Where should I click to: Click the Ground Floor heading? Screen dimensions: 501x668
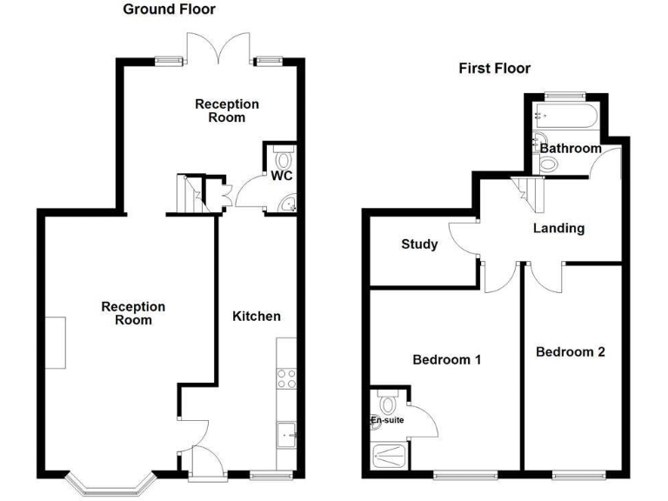tap(169, 10)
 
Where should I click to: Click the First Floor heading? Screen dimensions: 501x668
tap(494, 69)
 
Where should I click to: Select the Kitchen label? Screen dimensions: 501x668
tap(256, 316)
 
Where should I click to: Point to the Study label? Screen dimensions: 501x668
tap(419, 244)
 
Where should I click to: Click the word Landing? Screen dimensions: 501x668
tap(558, 229)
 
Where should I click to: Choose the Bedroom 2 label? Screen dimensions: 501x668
tap(570, 352)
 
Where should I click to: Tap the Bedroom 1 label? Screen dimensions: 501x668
tap(447, 359)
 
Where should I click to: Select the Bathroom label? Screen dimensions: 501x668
tap(570, 149)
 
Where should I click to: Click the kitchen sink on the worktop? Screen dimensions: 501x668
tap(286, 432)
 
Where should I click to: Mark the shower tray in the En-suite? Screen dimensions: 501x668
tap(389, 454)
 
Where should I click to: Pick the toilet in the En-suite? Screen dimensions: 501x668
tap(387, 404)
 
